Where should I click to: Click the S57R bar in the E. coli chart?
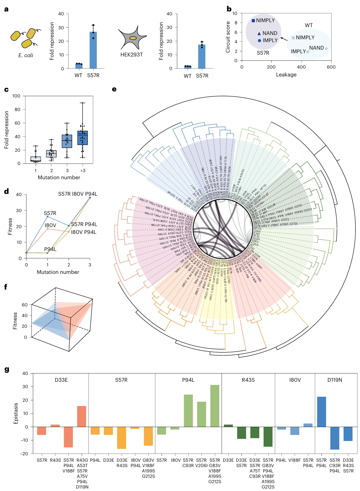(93, 50)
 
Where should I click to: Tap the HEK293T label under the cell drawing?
(131, 55)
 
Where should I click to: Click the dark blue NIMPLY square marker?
(253, 21)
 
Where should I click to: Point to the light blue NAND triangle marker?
(326, 48)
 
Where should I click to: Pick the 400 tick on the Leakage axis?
(301, 67)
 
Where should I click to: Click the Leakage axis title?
(286, 75)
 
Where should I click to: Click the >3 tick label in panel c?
(82, 171)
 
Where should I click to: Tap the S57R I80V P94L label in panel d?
(78, 194)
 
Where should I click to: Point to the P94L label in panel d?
(50, 249)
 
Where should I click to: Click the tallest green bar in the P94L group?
(215, 406)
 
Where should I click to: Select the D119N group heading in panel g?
(335, 380)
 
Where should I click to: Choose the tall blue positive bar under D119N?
(321, 412)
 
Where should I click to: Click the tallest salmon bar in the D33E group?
(81, 416)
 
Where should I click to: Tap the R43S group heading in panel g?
(248, 380)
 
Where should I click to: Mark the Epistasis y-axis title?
(16, 414)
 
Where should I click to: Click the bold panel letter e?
(114, 89)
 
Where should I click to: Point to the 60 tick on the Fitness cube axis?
(24, 305)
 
